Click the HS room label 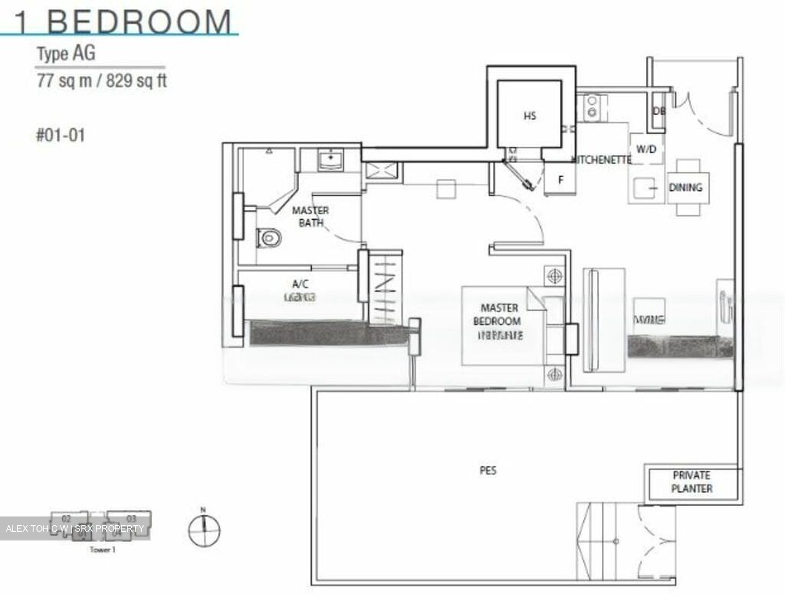pos(529,116)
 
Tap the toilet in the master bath pos(269,238)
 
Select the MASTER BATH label pos(310,217)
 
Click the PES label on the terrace pos(488,470)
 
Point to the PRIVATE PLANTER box pos(691,482)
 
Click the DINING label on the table pos(686,188)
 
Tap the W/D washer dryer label pos(646,149)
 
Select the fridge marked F pos(560,180)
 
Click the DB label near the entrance pos(659,111)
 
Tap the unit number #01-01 pos(61,135)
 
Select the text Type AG pos(66,53)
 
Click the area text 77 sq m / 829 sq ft pos(101,81)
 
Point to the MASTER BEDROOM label pos(499,315)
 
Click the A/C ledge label pos(300,284)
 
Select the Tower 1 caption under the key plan pos(102,550)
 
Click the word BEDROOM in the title pos(140,22)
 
